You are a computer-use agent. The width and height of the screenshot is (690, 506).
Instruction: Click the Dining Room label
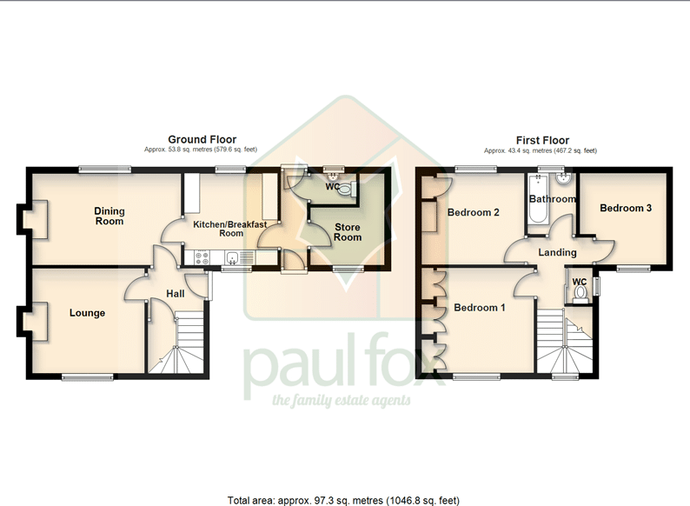[x=109, y=216]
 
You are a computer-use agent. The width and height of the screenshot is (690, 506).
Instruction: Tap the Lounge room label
[x=87, y=313]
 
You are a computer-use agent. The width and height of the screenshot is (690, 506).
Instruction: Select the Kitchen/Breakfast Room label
[x=230, y=229]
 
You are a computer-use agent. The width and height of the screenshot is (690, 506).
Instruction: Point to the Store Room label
[x=348, y=232]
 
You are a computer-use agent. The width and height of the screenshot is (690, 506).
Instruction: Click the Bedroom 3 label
[x=626, y=208]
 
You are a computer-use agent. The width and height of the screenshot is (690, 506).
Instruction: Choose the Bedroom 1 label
[x=480, y=308]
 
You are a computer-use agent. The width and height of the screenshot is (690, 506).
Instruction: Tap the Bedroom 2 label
[x=474, y=212]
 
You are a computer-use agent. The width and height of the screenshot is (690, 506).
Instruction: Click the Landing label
[x=558, y=253]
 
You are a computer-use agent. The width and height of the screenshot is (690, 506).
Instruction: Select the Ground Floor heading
[x=202, y=140]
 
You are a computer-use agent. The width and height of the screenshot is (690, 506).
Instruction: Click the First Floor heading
[x=542, y=141]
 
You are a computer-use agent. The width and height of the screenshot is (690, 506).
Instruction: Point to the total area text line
[x=343, y=501]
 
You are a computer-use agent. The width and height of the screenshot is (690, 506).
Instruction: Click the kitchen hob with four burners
[x=202, y=258]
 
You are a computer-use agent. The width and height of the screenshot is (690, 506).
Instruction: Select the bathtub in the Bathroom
[x=537, y=198]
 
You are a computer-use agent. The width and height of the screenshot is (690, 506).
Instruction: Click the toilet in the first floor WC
[x=581, y=294]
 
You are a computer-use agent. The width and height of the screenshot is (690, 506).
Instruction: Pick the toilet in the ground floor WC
[x=347, y=190]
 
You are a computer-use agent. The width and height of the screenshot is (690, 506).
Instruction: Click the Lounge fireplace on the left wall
[x=33, y=321]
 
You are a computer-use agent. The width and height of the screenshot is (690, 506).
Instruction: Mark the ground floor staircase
[x=177, y=343]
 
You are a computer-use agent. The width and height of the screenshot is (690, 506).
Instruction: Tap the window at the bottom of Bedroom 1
[x=476, y=376]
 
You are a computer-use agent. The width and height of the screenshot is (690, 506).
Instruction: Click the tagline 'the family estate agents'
[x=342, y=400]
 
